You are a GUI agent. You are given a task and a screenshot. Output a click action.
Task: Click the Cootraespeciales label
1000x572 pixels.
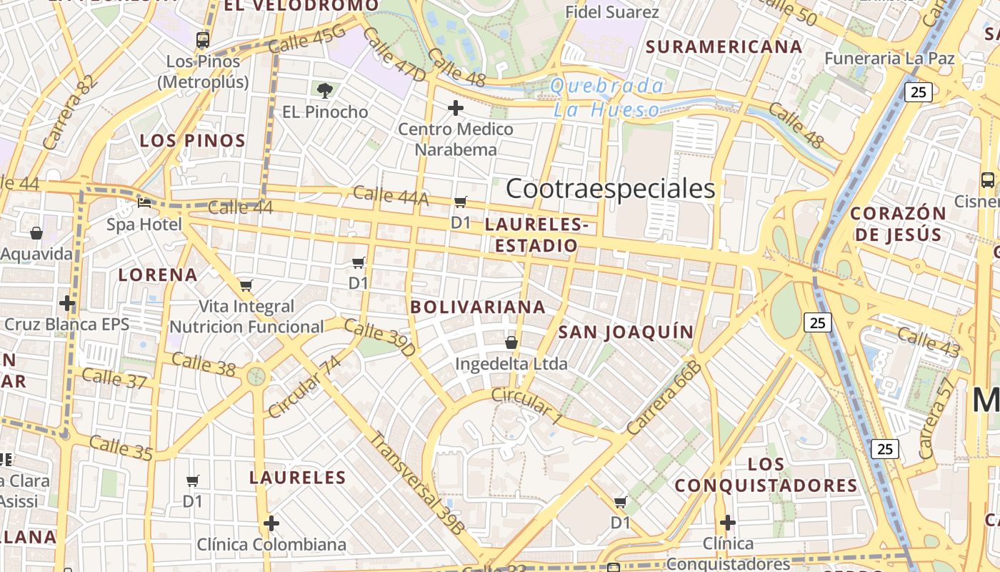pyautogui.click(x=610, y=189)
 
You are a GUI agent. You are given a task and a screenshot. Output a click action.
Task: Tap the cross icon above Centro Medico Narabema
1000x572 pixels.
pyautogui.click(x=456, y=108)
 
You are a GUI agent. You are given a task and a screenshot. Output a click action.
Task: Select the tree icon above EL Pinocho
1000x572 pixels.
pyautogui.click(x=325, y=90)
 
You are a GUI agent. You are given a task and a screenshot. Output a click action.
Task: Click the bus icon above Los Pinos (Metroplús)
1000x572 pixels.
pyautogui.click(x=203, y=40)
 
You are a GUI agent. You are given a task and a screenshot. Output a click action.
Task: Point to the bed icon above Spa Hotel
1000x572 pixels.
pyautogui.click(x=144, y=203)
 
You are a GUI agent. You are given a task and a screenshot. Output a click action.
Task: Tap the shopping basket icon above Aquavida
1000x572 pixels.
pyautogui.click(x=36, y=233)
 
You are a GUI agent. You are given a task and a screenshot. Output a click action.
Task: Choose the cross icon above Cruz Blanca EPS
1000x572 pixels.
pyautogui.click(x=67, y=303)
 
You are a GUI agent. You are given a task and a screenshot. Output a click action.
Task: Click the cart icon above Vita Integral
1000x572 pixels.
pyautogui.click(x=246, y=286)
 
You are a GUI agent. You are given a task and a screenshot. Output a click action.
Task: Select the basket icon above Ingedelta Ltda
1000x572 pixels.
pyautogui.click(x=511, y=342)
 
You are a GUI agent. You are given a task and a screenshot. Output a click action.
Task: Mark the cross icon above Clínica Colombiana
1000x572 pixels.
pyautogui.click(x=271, y=523)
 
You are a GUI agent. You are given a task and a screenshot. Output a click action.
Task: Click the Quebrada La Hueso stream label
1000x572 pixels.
pyautogui.click(x=607, y=98)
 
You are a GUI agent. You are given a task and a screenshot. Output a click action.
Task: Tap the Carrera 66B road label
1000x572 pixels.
pyautogui.click(x=664, y=398)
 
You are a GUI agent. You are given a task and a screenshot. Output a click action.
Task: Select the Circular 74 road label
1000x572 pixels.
pyautogui.click(x=304, y=386)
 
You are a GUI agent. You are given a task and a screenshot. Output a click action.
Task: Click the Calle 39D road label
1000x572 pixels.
pyautogui.click(x=379, y=337)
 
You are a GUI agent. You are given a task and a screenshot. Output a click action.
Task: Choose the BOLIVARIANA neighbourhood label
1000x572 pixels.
pyautogui.click(x=478, y=307)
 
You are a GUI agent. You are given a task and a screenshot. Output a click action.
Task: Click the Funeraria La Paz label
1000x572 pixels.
pyautogui.click(x=890, y=58)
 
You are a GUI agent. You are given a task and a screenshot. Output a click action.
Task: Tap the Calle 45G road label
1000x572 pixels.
pyautogui.click(x=307, y=39)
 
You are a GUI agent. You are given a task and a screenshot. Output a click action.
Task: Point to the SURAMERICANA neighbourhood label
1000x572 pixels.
pyautogui.click(x=724, y=47)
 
